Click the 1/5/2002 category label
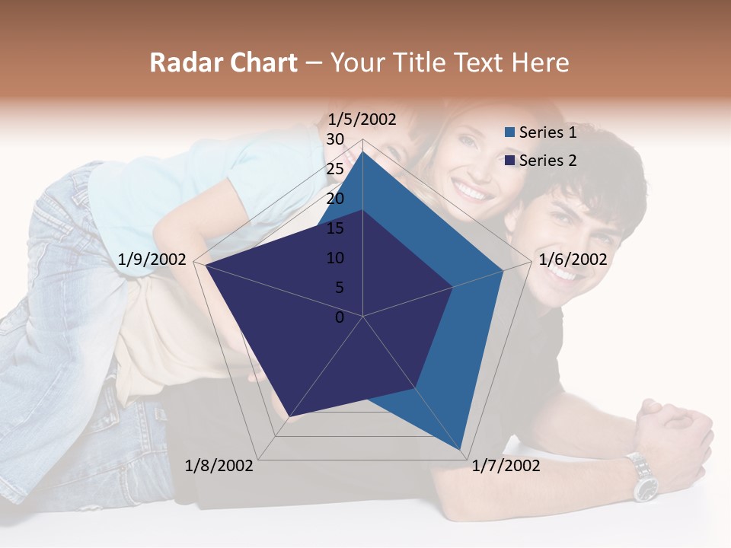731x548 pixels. pyautogui.click(x=362, y=119)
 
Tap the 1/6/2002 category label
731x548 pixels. pyautogui.click(x=573, y=260)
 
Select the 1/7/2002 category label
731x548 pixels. pyautogui.click(x=506, y=465)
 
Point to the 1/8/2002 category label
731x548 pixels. pyautogui.click(x=219, y=465)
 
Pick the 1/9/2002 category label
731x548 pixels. pyautogui.click(x=152, y=260)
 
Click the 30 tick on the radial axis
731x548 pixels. pyautogui.click(x=335, y=139)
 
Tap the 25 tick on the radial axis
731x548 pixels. pyautogui.click(x=335, y=169)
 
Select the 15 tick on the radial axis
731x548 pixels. pyautogui.click(x=335, y=228)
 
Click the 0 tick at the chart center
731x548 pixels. pyautogui.click(x=340, y=317)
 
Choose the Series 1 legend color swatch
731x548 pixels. pyautogui.click(x=510, y=132)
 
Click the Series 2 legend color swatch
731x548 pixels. pyautogui.click(x=510, y=161)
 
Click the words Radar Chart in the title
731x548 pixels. pyautogui.click(x=223, y=62)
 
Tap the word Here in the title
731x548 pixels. pyautogui.click(x=540, y=62)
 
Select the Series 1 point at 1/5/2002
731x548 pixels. pyautogui.click(x=362, y=152)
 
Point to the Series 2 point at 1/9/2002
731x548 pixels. pyautogui.click(x=206, y=265)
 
